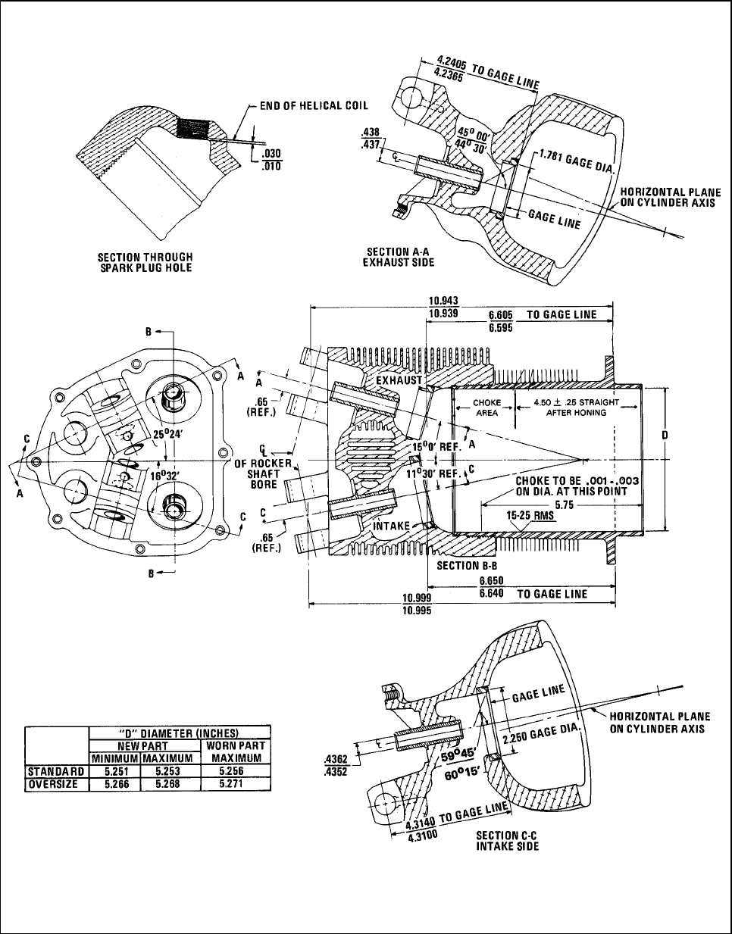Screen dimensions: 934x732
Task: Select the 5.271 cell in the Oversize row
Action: click(236, 785)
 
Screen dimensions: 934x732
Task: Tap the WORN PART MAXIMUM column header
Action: click(236, 751)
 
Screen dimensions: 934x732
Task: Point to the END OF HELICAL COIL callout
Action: click(314, 105)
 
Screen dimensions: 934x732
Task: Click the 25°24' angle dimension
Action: click(167, 437)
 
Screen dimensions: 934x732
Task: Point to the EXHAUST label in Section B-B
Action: click(396, 380)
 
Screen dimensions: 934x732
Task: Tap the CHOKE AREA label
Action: click(486, 408)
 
